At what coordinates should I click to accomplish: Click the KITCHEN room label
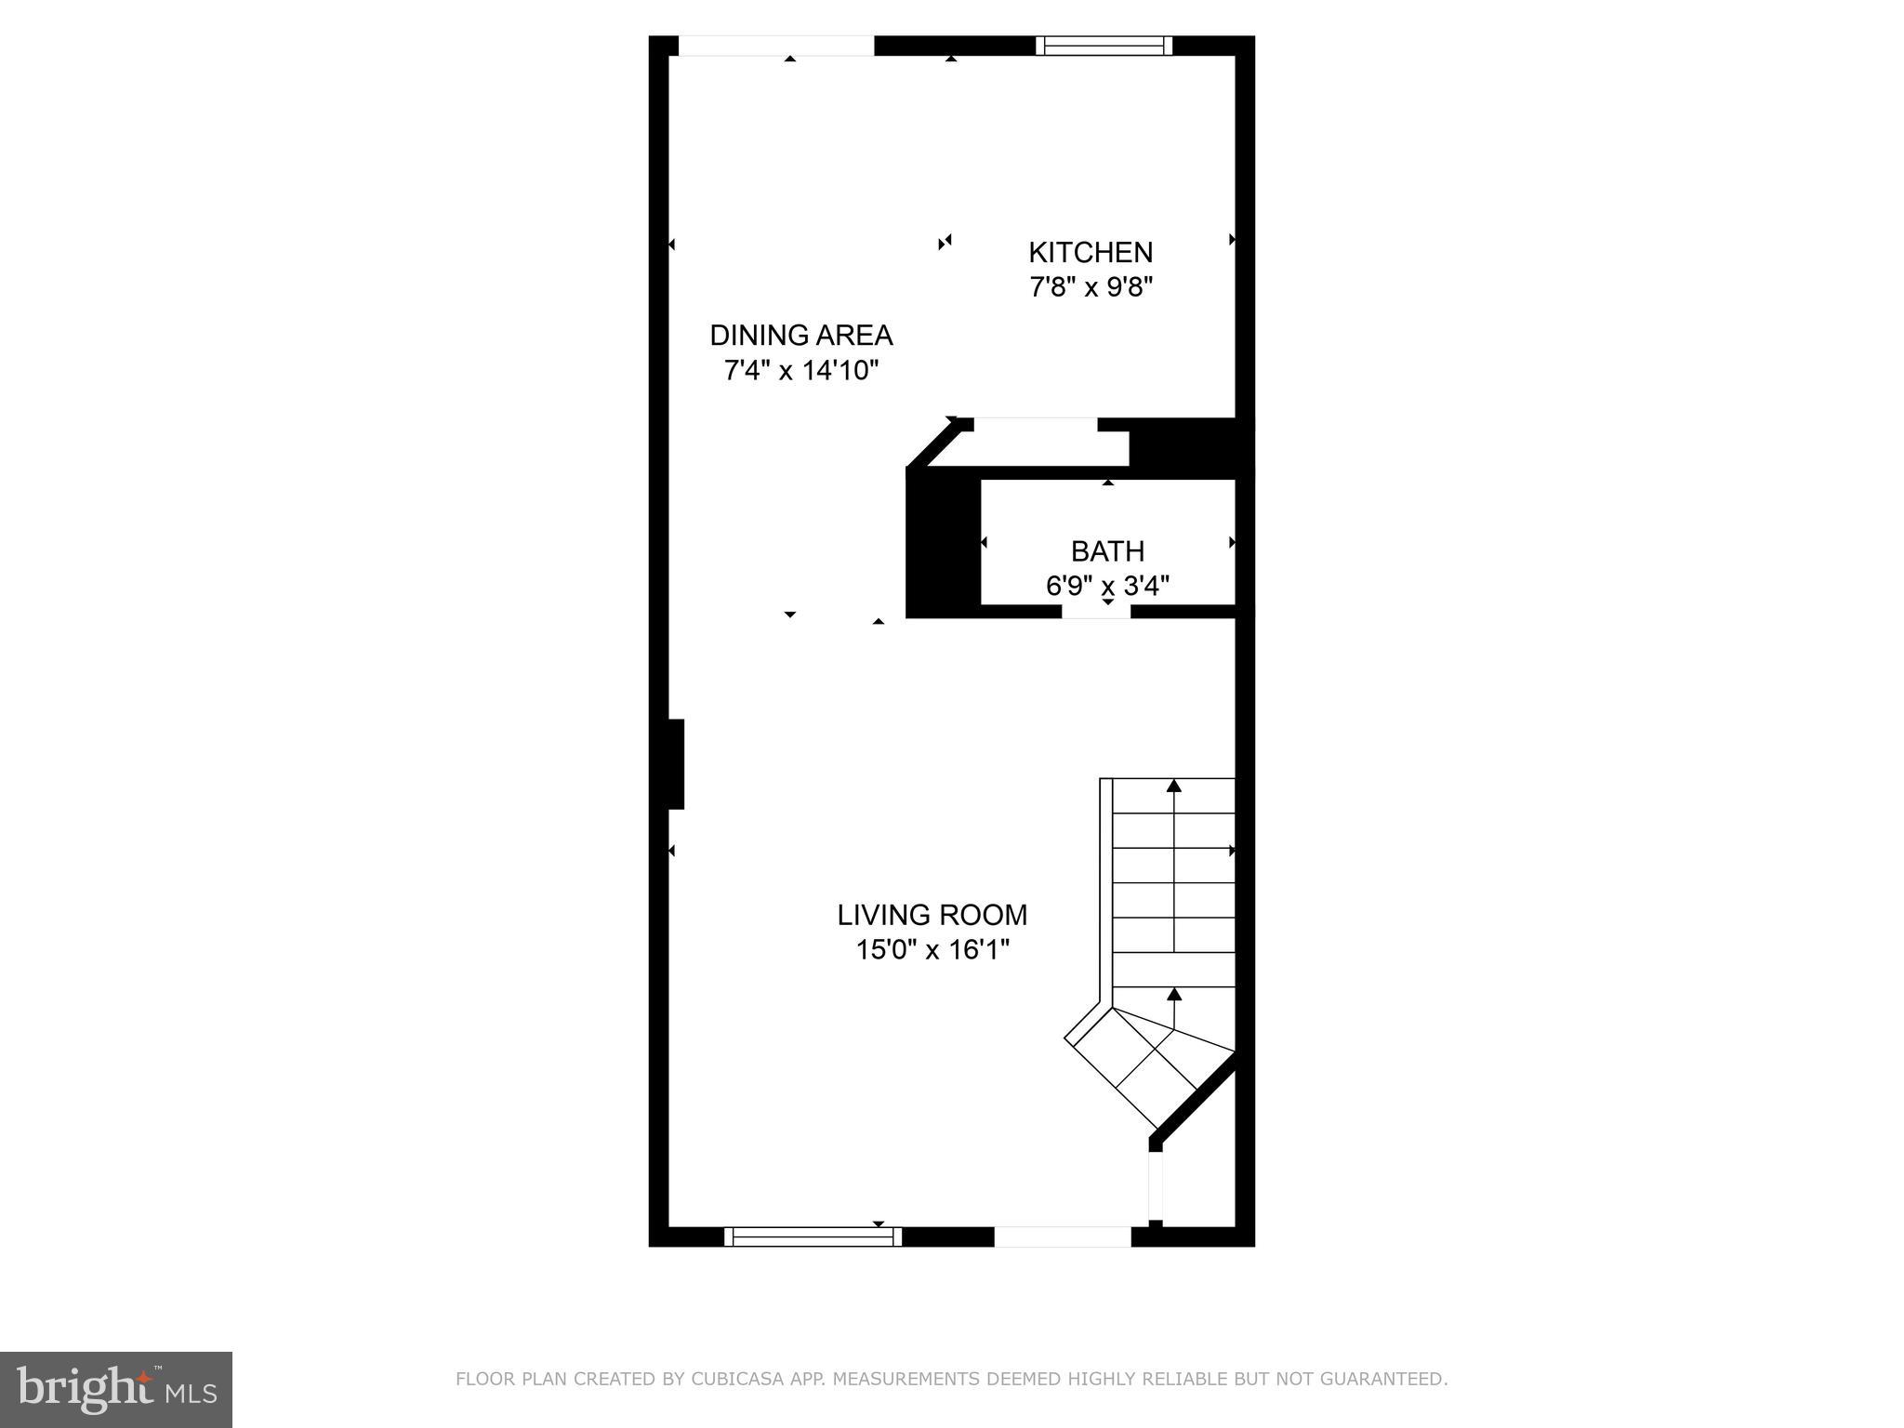tap(1090, 252)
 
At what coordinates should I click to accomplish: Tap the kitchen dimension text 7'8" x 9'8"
tap(1090, 287)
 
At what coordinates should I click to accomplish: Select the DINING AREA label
tap(800, 335)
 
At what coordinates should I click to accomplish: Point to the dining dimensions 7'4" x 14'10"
tap(800, 371)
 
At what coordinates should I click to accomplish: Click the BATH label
tap(1106, 551)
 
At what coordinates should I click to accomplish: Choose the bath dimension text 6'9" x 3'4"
tap(1106, 587)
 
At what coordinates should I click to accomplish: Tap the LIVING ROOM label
tap(932, 915)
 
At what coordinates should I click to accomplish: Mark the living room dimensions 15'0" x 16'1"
tap(932, 950)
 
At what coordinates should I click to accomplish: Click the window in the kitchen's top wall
tap(1104, 46)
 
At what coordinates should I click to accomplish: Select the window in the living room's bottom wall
tap(813, 1236)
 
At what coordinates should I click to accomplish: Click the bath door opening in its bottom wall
tap(1096, 612)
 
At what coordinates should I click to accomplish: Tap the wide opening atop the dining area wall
tap(776, 46)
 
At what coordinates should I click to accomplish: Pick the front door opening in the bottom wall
tap(1062, 1236)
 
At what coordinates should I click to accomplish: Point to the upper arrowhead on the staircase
tap(1173, 787)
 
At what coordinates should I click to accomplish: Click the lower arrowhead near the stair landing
tap(1173, 995)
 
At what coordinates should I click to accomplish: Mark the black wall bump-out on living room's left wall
tap(676, 764)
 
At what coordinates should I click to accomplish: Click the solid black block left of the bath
tap(943, 544)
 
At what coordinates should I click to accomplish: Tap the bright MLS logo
tap(115, 1389)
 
